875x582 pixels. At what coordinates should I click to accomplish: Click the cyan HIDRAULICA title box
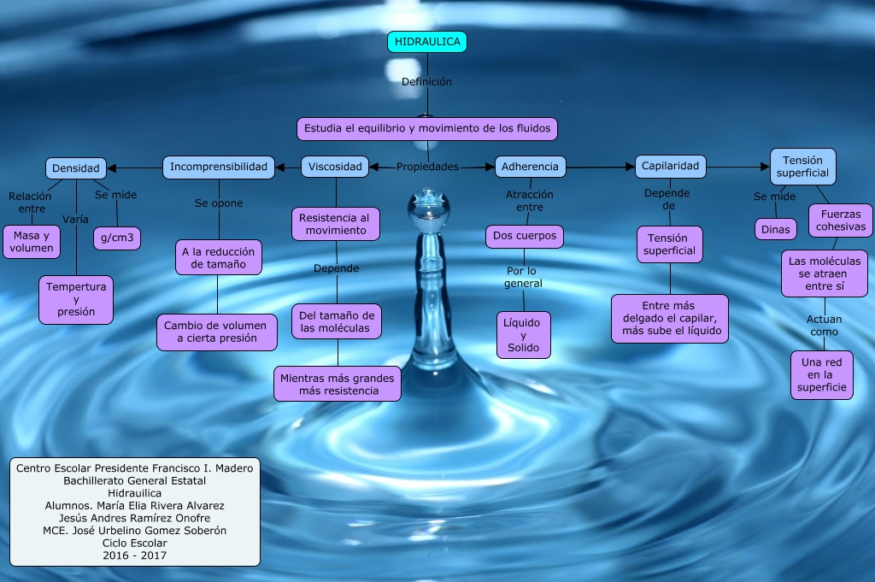pyautogui.click(x=427, y=41)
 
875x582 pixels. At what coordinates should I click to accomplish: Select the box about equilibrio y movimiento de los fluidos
pyautogui.click(x=427, y=129)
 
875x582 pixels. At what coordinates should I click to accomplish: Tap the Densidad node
pyautogui.click(x=76, y=168)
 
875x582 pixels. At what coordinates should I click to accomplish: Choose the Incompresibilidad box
pyautogui.click(x=219, y=167)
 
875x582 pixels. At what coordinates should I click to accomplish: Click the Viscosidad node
pyautogui.click(x=335, y=167)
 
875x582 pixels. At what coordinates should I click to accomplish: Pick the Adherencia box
pyautogui.click(x=530, y=167)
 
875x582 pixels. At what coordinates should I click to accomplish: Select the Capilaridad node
pyautogui.click(x=670, y=166)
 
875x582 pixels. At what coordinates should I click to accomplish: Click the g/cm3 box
pyautogui.click(x=117, y=238)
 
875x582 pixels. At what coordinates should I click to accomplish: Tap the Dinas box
pyautogui.click(x=775, y=229)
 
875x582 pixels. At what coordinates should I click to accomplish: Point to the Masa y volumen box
pyautogui.click(x=32, y=242)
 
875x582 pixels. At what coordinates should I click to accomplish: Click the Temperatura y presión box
pyautogui.click(x=76, y=299)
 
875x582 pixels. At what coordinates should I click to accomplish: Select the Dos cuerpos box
pyautogui.click(x=525, y=236)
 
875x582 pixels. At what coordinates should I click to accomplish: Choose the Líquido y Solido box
pyautogui.click(x=524, y=334)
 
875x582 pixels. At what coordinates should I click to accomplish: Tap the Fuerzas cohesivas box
pyautogui.click(x=841, y=220)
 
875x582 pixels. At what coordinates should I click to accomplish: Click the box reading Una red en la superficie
pyautogui.click(x=822, y=374)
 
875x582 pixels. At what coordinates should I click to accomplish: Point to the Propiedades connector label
pyautogui.click(x=427, y=167)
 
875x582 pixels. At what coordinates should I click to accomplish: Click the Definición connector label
pyautogui.click(x=426, y=82)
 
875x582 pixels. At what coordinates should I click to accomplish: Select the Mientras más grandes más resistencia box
pyautogui.click(x=338, y=384)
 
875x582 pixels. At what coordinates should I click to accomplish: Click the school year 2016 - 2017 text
pyautogui.click(x=134, y=556)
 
